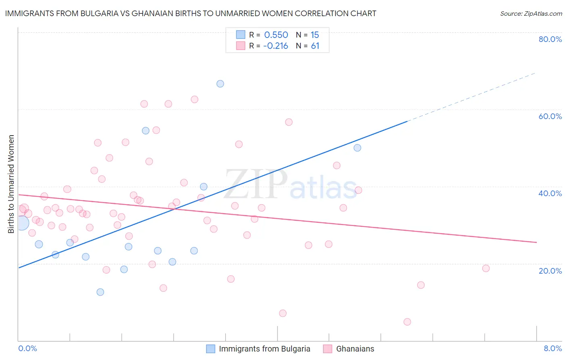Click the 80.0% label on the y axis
pos(550,39)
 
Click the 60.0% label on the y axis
pos(550,116)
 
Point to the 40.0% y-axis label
pos(550,193)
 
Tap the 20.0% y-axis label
pos(550,270)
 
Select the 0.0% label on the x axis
pos(27,348)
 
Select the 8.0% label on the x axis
pos(552,348)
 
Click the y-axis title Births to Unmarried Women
pos(11,184)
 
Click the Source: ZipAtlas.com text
pos(531,14)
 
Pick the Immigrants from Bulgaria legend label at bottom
pos(265,349)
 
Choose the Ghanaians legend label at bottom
pos(355,349)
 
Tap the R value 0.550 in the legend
pos(276,35)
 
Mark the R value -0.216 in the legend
pos(275,46)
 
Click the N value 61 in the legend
pos(315,46)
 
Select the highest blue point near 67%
pos(220,84)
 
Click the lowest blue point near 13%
pos(100,292)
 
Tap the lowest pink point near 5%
pos(407,322)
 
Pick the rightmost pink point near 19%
pos(486,268)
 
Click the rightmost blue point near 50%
pos(357,148)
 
